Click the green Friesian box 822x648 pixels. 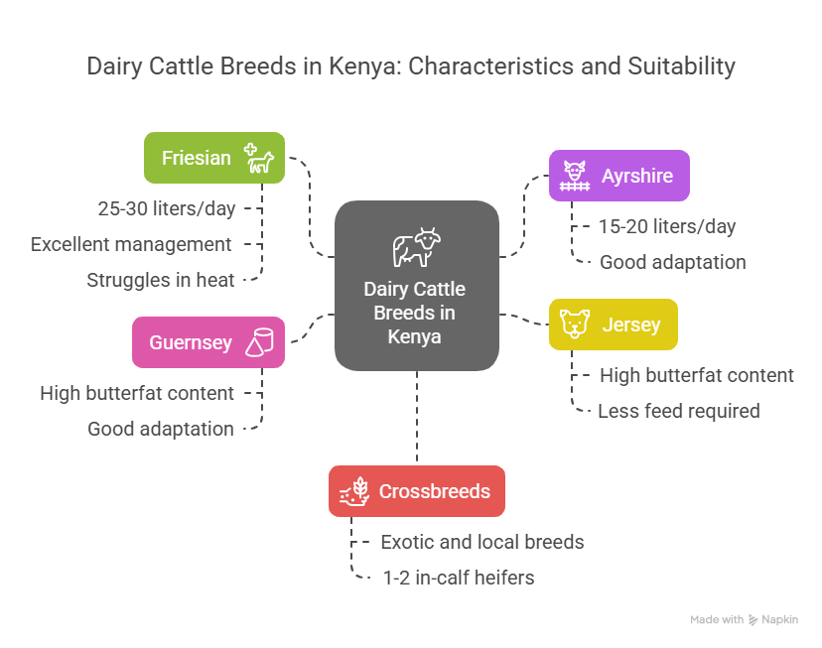point(213,158)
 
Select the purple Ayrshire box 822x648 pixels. point(618,177)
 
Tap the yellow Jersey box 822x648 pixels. point(613,324)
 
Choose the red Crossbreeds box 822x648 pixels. point(416,491)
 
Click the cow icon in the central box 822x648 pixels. point(415,247)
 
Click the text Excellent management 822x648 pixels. point(131,244)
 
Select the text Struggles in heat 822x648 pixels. point(161,280)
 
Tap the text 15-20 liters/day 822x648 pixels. point(666,226)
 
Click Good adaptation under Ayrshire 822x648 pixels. point(672,263)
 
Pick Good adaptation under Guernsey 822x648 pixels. point(160,429)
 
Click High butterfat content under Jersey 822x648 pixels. point(696,375)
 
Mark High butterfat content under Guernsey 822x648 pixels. point(137,393)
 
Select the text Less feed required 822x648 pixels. point(678,411)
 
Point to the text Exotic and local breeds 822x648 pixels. point(481,542)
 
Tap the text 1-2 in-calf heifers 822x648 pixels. point(458,578)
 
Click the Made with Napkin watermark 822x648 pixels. point(744,620)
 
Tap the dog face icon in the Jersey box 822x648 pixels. point(575,324)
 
